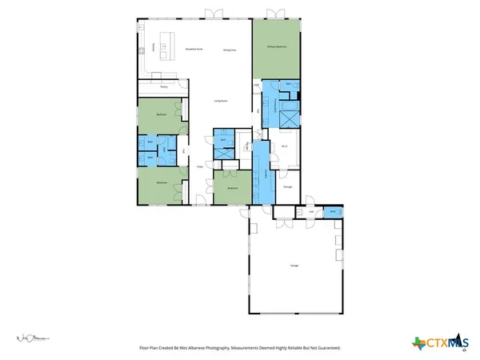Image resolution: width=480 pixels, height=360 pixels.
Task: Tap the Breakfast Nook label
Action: tap(193, 50)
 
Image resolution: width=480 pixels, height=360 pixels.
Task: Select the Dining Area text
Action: tap(230, 50)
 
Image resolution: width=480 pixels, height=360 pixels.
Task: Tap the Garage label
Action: tap(294, 265)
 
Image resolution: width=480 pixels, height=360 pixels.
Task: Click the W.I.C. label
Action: tap(285, 146)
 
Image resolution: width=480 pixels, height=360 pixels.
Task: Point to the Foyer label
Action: tap(200, 166)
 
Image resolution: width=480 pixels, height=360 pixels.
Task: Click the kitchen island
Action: tap(167, 44)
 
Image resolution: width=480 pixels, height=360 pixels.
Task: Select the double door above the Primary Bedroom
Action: tap(277, 14)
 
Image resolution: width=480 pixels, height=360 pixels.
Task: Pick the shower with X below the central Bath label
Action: tap(223, 151)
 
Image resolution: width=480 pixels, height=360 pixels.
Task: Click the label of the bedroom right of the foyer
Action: tap(233, 187)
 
